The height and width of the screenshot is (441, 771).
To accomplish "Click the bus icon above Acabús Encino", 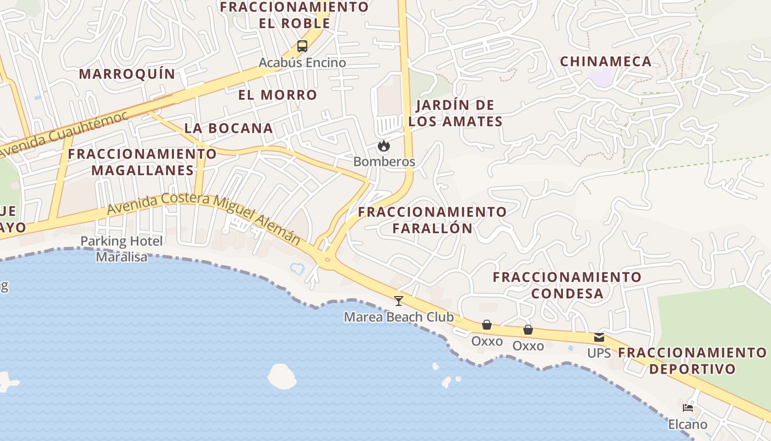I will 302,46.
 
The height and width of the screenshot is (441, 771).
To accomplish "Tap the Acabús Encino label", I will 302,63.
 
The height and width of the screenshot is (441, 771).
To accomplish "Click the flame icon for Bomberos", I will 384,146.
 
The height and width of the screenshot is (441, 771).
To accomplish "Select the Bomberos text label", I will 384,162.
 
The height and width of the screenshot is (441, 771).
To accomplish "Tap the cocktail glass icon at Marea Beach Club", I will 399,300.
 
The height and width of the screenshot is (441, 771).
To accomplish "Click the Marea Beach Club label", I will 399,317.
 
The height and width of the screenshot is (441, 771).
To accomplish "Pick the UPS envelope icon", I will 599,337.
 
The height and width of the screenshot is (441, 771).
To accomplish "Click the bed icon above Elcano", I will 687,408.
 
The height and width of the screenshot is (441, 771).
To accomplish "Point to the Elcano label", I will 687,424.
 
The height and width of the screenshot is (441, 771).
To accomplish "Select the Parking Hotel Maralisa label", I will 122,249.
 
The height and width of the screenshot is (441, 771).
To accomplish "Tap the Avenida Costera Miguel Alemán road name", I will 204,219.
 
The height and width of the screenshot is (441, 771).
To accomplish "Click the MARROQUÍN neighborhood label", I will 127,74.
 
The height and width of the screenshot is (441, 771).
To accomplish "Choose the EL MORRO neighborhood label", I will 278,95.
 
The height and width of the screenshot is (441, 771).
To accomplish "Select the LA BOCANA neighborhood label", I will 229,128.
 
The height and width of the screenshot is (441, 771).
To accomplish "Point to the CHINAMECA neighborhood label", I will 606,61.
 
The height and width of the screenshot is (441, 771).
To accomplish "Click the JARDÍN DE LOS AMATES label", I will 455,113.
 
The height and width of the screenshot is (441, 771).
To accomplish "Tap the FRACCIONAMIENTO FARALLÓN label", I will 432,220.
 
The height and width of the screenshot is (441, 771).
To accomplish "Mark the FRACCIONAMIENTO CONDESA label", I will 567,285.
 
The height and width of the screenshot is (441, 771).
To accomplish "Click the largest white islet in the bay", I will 281,377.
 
